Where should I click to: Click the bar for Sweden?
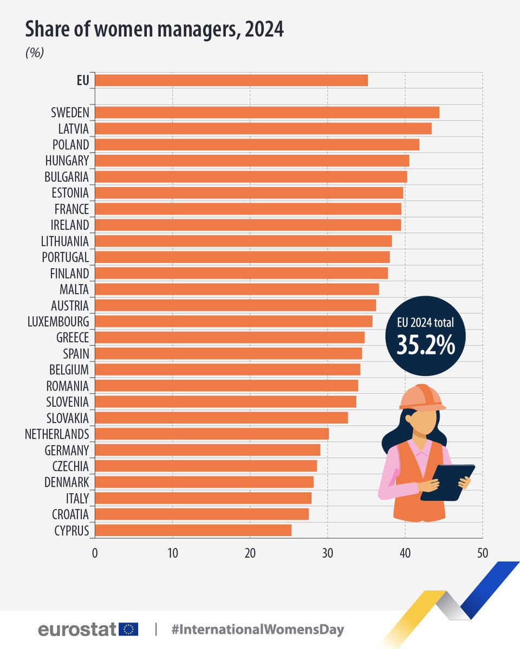click(x=266, y=112)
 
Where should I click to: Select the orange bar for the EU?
click(x=231, y=80)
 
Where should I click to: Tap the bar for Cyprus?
click(x=193, y=530)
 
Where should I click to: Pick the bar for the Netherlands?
click(x=212, y=434)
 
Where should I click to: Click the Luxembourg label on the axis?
click(x=58, y=322)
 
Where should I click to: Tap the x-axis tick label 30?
click(x=327, y=553)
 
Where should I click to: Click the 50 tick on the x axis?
click(x=482, y=553)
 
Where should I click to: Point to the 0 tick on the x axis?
click(x=95, y=553)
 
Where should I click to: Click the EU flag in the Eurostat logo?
click(x=129, y=629)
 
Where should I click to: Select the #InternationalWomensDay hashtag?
click(x=257, y=630)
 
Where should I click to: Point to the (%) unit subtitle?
click(x=35, y=53)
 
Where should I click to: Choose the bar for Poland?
click(x=257, y=144)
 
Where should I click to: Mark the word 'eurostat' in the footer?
click(x=77, y=630)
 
